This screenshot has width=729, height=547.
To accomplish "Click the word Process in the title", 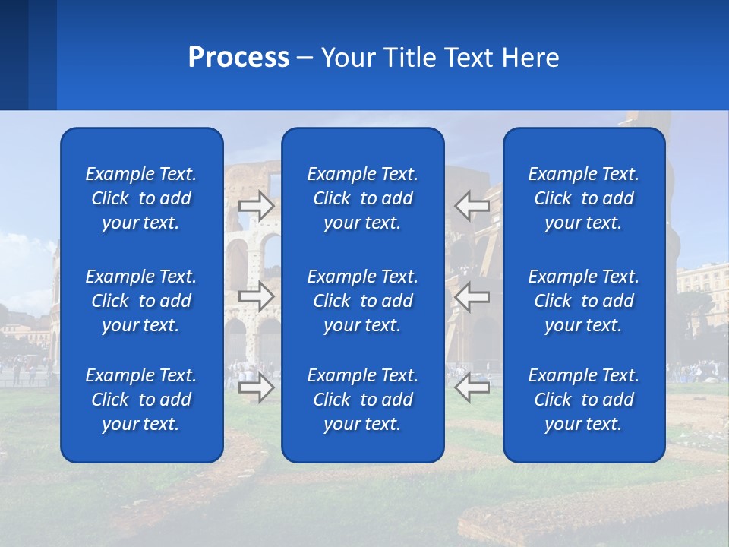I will pos(238,58).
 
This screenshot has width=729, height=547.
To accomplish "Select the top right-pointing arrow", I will pos(257,206).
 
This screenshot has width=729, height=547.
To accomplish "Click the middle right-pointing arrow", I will pos(257,297).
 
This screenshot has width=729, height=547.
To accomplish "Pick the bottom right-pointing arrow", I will pos(257,387).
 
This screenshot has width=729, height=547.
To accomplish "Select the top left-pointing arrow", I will pos(472,206).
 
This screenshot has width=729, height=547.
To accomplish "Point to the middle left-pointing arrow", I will pos(472,297).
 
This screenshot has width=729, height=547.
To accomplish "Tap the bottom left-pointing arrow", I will pos(472,387).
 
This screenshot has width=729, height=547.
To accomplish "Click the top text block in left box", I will pos(141,198).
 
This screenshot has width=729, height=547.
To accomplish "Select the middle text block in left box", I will pos(141,301).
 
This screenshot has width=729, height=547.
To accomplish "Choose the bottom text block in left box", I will pos(141,400).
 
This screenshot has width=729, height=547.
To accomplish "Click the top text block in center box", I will pos(363,198).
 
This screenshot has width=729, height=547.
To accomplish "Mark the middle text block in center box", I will pos(363,301).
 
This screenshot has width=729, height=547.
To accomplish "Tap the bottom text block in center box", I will pos(363,400).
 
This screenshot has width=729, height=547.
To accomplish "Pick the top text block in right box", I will pos(584,198).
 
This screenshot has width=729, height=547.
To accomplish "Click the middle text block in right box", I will pos(584,301).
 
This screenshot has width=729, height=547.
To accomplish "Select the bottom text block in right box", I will pos(584,400).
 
